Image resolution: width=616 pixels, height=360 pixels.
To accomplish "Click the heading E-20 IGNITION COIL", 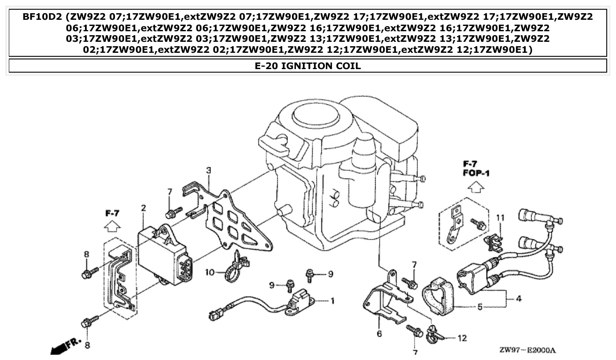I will click(308, 66).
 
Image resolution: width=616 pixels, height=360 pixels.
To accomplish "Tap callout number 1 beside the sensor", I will click(332, 301).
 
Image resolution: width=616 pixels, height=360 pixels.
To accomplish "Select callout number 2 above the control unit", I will click(144, 208).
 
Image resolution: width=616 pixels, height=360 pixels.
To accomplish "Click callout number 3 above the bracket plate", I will click(519, 299).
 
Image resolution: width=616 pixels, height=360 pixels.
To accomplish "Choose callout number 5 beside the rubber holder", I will click(379, 334).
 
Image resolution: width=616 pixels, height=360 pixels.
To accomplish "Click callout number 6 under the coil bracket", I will click(210, 272).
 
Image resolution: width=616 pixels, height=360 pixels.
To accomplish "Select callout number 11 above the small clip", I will click(462, 338).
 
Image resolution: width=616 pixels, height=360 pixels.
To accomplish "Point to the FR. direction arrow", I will click(527, 350).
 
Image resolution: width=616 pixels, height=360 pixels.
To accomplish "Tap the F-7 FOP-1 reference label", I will click(113, 227).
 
